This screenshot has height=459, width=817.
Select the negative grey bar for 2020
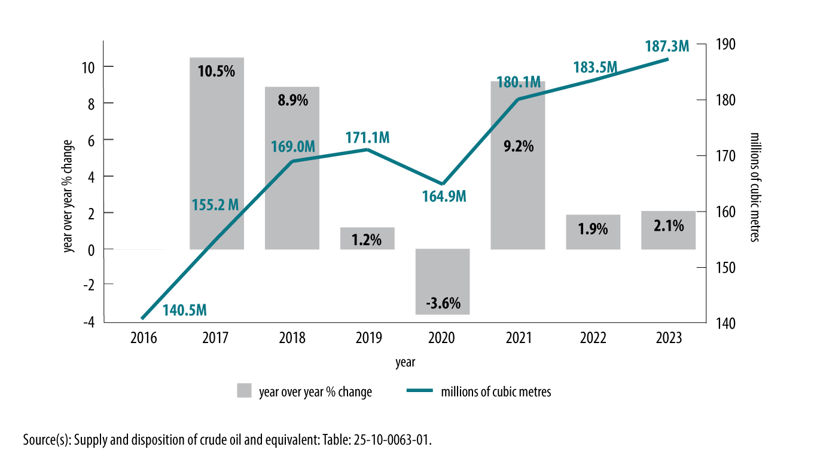443,281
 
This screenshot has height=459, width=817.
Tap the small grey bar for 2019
367,238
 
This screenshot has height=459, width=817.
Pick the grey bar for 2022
593,232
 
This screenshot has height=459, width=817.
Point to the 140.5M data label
185,311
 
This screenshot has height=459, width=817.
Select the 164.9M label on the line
444,195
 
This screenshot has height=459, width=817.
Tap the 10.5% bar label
216,72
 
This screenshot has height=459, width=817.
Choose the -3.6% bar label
443,304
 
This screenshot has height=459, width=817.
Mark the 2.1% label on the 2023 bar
668,227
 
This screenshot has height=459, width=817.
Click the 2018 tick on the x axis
292,338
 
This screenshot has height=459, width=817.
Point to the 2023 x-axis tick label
668,338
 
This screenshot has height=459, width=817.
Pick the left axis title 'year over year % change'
70,195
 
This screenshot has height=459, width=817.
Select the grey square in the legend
244,391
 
